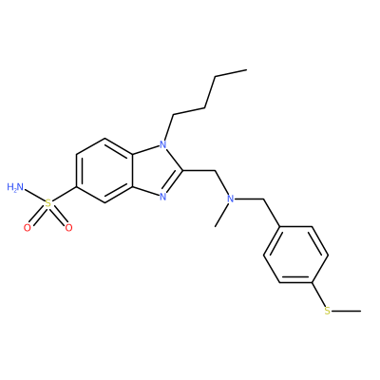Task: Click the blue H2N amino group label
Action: [15, 187]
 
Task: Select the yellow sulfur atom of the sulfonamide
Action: [48, 203]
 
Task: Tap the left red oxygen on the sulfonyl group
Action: [28, 227]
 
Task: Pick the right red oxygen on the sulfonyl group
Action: [68, 227]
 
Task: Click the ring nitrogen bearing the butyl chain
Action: [162, 145]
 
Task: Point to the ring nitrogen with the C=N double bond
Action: [162, 197]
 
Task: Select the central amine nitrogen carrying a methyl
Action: [231, 199]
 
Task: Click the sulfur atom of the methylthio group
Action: [328, 311]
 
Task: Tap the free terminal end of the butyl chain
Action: [246, 70]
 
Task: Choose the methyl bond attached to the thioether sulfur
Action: [346, 311]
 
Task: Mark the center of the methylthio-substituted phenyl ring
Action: [295, 255]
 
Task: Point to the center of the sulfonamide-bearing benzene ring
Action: [104, 171]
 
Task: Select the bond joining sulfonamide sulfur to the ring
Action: [65, 195]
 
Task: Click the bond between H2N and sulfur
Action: [35, 197]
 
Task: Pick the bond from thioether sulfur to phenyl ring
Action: [318, 294]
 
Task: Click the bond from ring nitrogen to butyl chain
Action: [169, 127]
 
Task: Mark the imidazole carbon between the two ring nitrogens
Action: [183, 171]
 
